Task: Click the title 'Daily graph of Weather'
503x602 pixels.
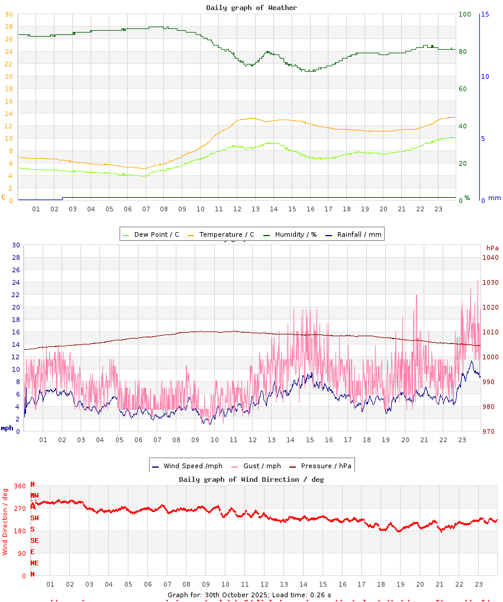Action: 251,8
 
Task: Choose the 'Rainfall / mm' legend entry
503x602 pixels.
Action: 359,234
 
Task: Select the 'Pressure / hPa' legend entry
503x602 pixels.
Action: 326,466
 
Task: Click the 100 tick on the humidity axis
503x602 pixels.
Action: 465,14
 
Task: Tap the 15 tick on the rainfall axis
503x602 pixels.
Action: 485,14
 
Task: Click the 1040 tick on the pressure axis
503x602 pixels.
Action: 491,257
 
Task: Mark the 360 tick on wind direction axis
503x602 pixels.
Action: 20,486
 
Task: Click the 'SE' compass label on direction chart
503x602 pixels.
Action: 34,540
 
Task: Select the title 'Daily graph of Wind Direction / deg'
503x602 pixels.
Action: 251,479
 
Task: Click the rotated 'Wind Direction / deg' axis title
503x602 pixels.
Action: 5,521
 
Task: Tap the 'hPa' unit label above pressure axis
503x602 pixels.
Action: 492,247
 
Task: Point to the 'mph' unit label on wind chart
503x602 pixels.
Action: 7,427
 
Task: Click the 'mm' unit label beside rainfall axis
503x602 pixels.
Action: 494,198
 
